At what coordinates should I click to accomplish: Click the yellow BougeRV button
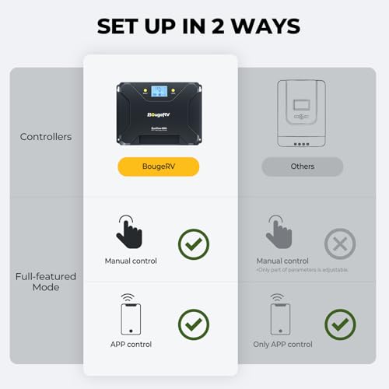coord(158,166)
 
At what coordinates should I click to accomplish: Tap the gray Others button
coord(302,166)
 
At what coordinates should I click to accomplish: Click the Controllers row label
coord(46,137)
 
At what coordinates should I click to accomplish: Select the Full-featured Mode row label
coord(46,282)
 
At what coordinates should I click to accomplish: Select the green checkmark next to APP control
coord(194,324)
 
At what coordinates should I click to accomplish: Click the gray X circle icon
coord(339,244)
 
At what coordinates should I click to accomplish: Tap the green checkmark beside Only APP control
coord(339,324)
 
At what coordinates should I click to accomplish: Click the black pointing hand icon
coord(129,231)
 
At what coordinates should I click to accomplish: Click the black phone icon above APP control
coord(131,315)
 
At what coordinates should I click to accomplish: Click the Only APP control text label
coord(282,344)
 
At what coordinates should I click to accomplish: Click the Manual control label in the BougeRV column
coord(131,261)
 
